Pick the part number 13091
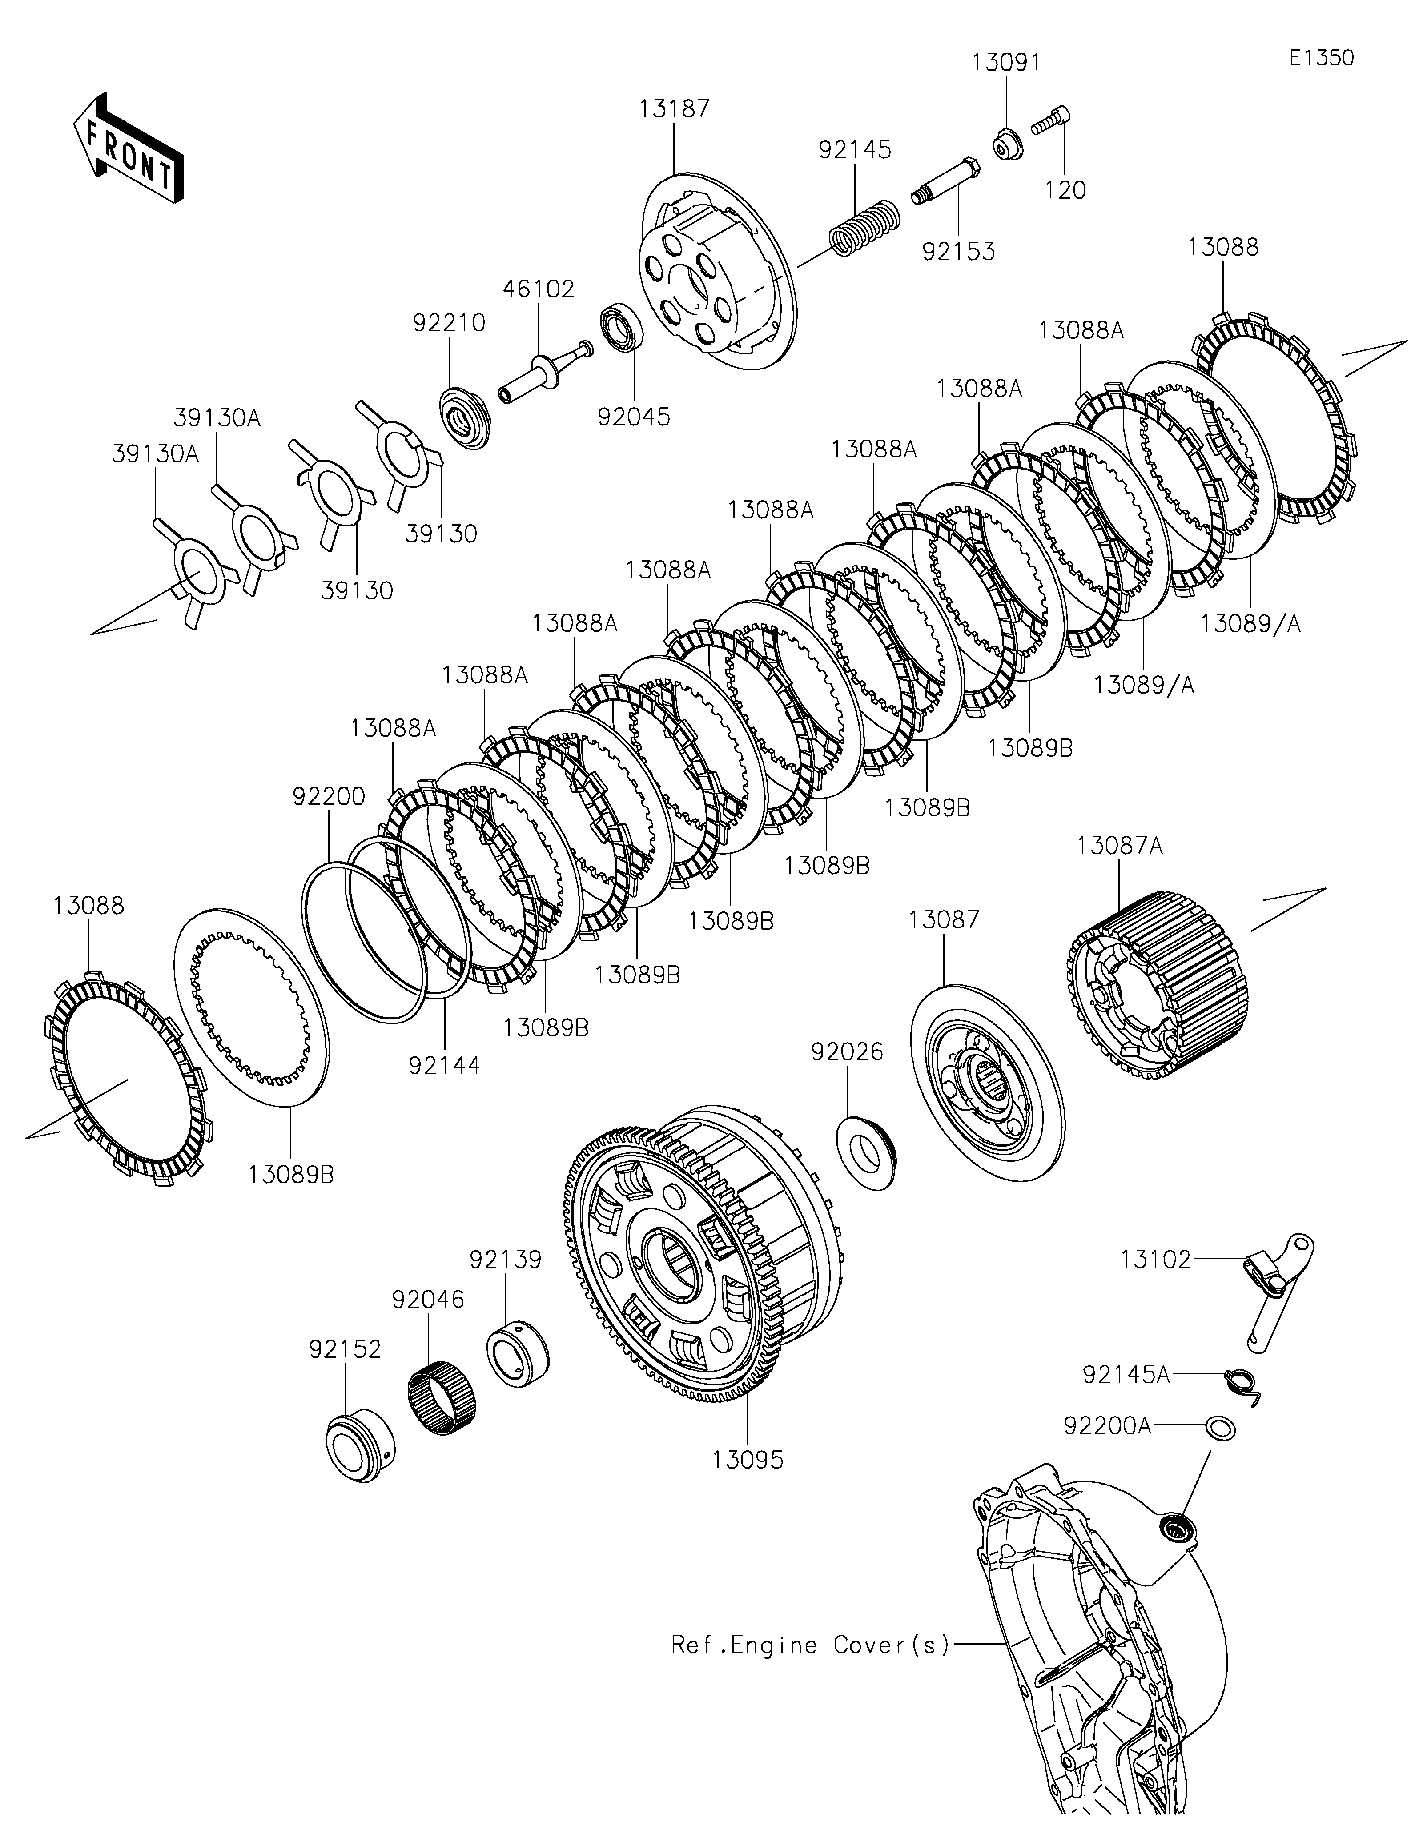pos(1006,62)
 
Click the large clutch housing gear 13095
pos(703,1253)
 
